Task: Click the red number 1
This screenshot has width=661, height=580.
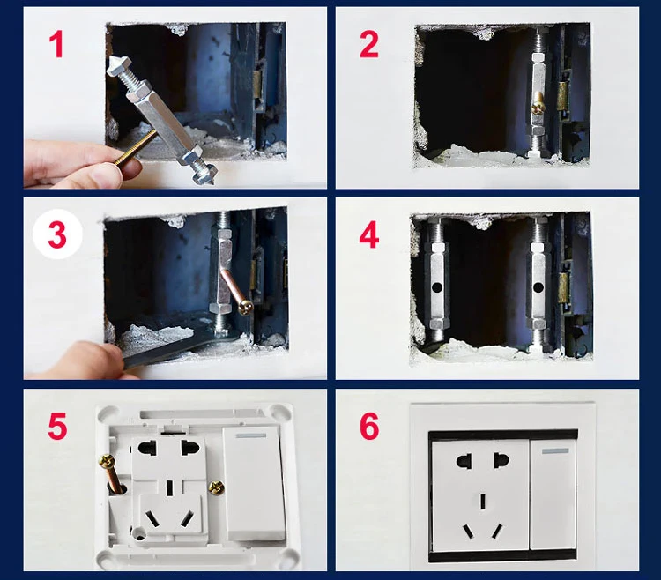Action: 56,45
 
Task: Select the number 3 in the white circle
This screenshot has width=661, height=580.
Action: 57,234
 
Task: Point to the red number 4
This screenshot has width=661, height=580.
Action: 369,235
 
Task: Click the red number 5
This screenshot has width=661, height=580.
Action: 57,426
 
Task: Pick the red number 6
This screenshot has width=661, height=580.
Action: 369,426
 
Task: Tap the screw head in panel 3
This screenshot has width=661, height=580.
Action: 245,307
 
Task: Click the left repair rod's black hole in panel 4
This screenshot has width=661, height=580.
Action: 437,288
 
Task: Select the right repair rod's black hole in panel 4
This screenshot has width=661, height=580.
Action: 538,288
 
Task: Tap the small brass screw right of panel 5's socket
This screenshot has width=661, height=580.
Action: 217,487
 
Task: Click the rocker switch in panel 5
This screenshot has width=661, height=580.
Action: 253,483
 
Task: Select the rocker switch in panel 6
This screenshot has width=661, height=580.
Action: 553,494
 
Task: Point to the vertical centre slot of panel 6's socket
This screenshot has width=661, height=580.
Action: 483,502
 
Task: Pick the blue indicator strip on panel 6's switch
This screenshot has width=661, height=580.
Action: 555,451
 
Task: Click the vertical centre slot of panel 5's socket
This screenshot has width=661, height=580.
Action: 169,487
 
